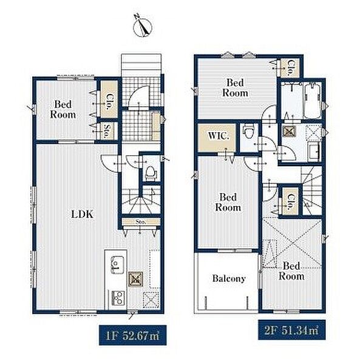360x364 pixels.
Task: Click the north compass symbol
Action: [x=142, y=26]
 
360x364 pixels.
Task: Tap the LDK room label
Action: [x=82, y=214]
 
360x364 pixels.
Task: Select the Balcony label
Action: [x=229, y=278]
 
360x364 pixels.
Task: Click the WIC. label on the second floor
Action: [x=219, y=136]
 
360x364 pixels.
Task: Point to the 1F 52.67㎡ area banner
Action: [x=132, y=335]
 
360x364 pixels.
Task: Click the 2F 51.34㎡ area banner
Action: [x=291, y=330]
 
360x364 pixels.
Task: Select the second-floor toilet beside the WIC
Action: [x=247, y=132]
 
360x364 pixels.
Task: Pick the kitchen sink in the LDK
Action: [x=117, y=265]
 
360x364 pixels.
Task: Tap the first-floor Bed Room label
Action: [x=63, y=109]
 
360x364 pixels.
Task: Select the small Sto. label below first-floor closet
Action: [x=108, y=132]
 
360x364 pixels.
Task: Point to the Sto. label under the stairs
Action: [x=141, y=221]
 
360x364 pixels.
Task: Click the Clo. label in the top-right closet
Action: [x=290, y=68]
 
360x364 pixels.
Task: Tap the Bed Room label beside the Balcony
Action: [x=291, y=271]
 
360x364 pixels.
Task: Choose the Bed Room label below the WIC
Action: [x=228, y=202]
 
